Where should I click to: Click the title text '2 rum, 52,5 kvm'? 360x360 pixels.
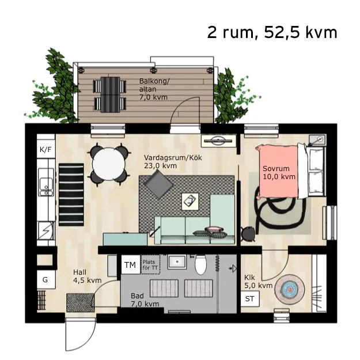click(272, 32)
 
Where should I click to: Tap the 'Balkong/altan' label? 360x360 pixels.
click(153, 89)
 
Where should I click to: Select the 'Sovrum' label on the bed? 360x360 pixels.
click(279, 173)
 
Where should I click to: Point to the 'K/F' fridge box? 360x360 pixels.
click(46, 150)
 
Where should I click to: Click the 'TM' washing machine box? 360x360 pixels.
click(130, 265)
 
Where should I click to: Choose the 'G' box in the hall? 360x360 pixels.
click(46, 280)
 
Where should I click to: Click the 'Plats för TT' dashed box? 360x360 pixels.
click(150, 265)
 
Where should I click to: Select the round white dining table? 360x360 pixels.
click(109, 165)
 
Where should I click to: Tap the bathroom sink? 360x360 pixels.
click(177, 261)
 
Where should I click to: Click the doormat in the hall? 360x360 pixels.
click(80, 302)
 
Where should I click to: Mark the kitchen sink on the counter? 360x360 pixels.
click(44, 185)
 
